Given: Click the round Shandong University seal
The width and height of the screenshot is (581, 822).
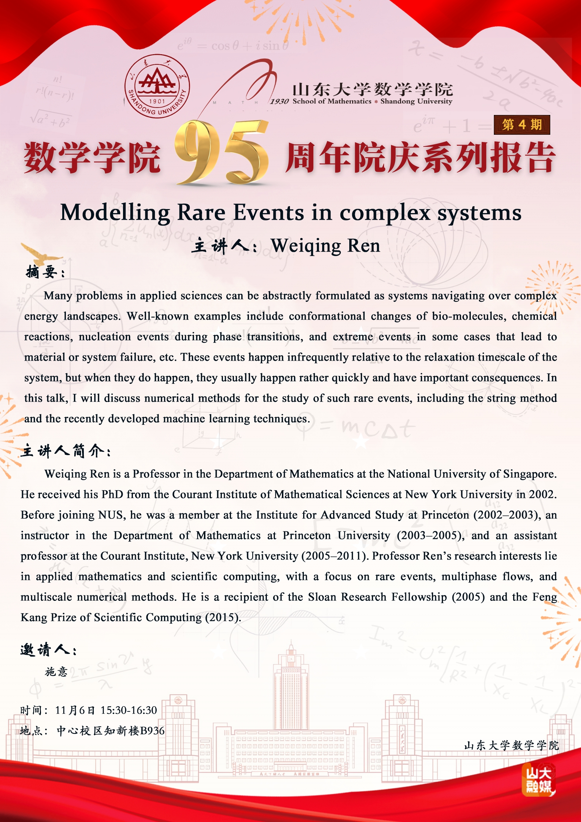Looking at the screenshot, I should pos(157,86).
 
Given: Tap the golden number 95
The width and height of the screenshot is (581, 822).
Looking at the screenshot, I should pos(221,154).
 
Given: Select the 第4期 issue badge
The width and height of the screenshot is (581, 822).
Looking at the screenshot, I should pos(522,125).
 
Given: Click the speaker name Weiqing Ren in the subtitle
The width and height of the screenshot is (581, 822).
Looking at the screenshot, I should pos(325,246).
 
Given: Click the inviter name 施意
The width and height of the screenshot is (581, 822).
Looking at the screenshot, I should pos(56,672).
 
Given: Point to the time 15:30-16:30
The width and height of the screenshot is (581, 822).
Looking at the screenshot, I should pos(129,710).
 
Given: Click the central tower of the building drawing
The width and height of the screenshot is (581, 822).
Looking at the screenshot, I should pos(291,681).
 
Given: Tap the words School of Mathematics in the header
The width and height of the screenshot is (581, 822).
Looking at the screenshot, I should pos(332,101).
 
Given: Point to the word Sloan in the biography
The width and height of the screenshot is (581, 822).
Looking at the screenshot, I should pos(322,597).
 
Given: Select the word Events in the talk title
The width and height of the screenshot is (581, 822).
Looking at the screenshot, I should pos(268,213).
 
